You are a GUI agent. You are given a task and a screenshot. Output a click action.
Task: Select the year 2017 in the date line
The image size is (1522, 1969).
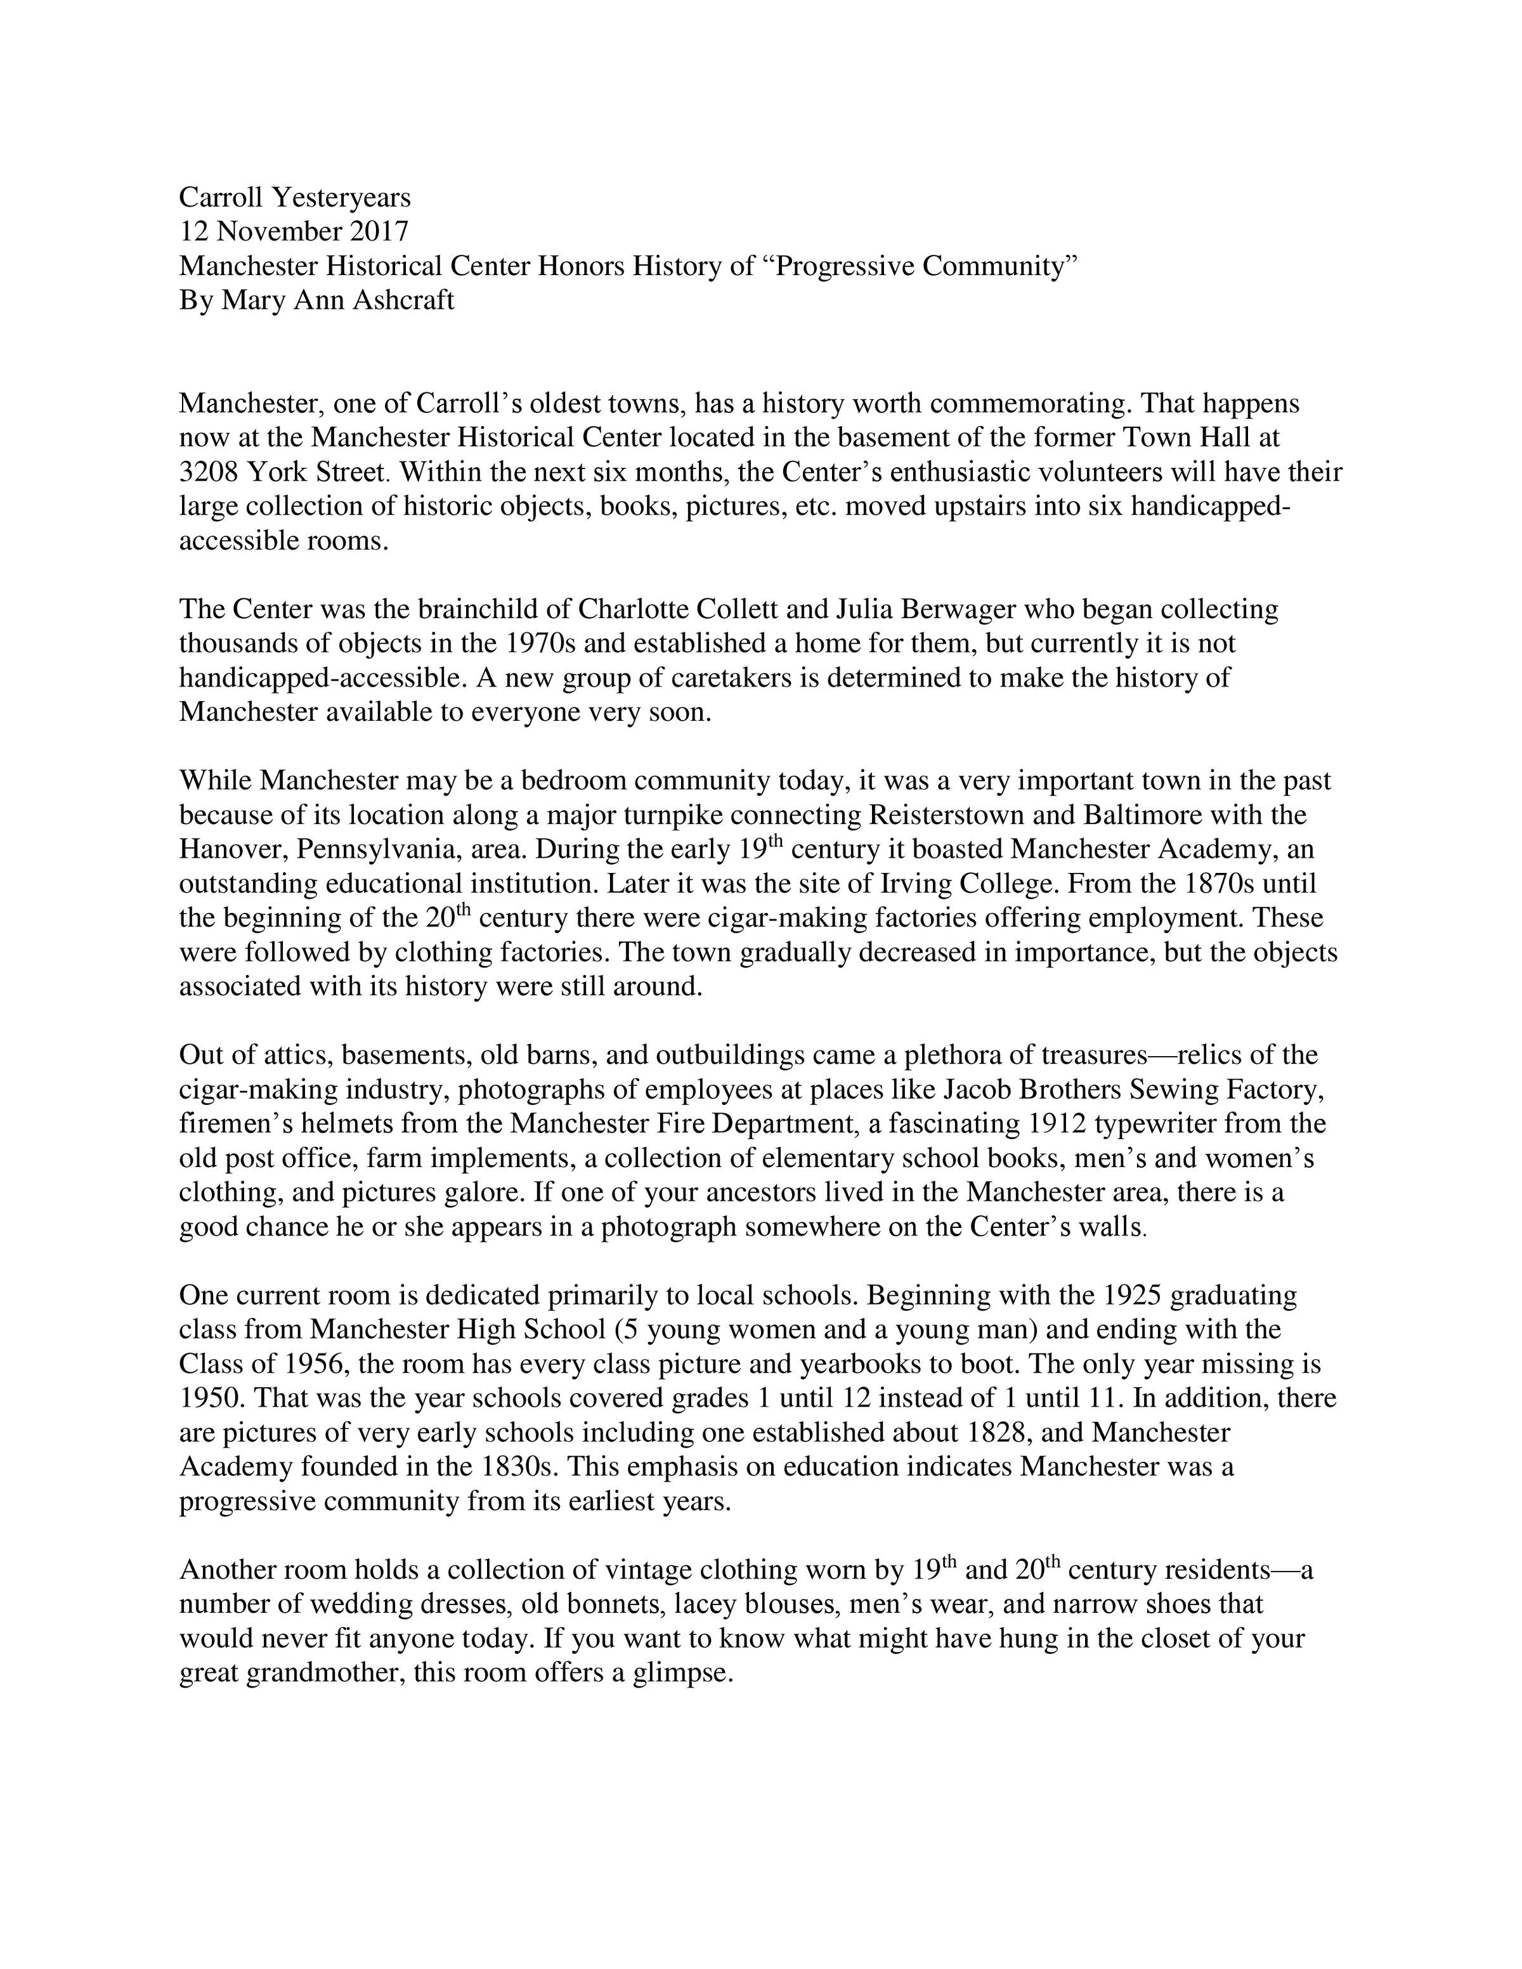[379, 231]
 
